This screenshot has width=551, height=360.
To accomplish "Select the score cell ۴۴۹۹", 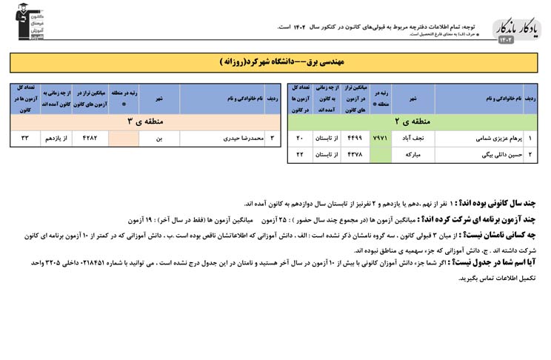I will pos(354,138).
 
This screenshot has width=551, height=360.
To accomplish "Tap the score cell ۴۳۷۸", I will pos(354,154).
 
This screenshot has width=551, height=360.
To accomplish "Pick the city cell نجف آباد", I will pos(412,138).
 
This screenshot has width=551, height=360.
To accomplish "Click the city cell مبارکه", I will pos(412,154).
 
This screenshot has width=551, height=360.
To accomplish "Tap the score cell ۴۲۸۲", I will pos(90,138).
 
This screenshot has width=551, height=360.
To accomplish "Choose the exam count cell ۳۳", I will pos(24,138).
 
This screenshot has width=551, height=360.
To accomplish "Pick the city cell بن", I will pos(158,138).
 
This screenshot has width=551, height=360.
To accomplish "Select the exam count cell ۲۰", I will pos(300,138).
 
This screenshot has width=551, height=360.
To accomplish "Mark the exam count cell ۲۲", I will pos(300,154).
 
